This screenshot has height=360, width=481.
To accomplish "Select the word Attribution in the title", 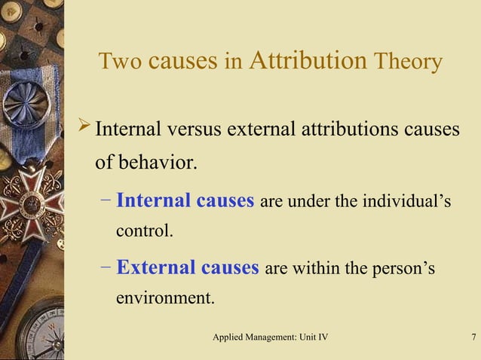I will point(307,60).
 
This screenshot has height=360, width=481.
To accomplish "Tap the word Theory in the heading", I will point(407,62).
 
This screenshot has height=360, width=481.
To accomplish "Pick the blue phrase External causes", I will point(188,267).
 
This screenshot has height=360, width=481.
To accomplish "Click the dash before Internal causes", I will point(105,201).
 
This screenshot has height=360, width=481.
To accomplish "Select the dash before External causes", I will point(105,267).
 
